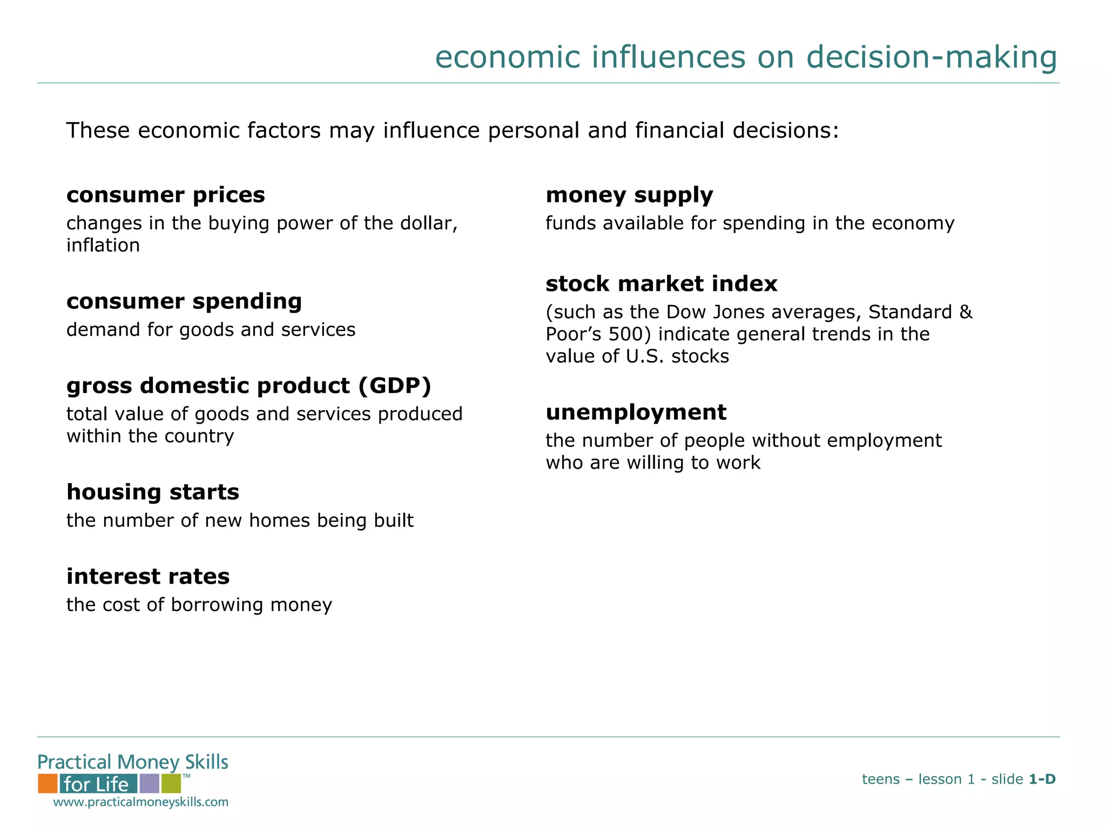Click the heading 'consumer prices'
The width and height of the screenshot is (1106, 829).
(165, 195)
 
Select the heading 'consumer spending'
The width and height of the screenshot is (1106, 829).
(184, 302)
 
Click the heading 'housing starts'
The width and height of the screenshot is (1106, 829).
(152, 492)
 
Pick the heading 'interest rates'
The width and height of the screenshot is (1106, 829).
(147, 577)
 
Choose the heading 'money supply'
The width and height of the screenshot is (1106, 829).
(629, 195)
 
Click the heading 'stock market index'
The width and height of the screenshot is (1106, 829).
(661, 284)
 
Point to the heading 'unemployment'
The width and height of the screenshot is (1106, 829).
(636, 413)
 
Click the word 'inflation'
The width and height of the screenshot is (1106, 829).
(103, 246)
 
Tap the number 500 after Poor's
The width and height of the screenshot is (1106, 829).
(625, 335)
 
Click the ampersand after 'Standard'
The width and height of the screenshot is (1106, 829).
(966, 312)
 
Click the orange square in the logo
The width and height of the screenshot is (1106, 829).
(48, 783)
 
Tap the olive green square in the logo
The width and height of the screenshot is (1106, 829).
(171, 783)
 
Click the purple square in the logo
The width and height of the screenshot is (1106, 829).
(149, 783)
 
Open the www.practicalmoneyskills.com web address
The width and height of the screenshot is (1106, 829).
(140, 802)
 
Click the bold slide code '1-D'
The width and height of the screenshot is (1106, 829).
(1042, 779)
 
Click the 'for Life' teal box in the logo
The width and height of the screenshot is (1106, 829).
(98, 784)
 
